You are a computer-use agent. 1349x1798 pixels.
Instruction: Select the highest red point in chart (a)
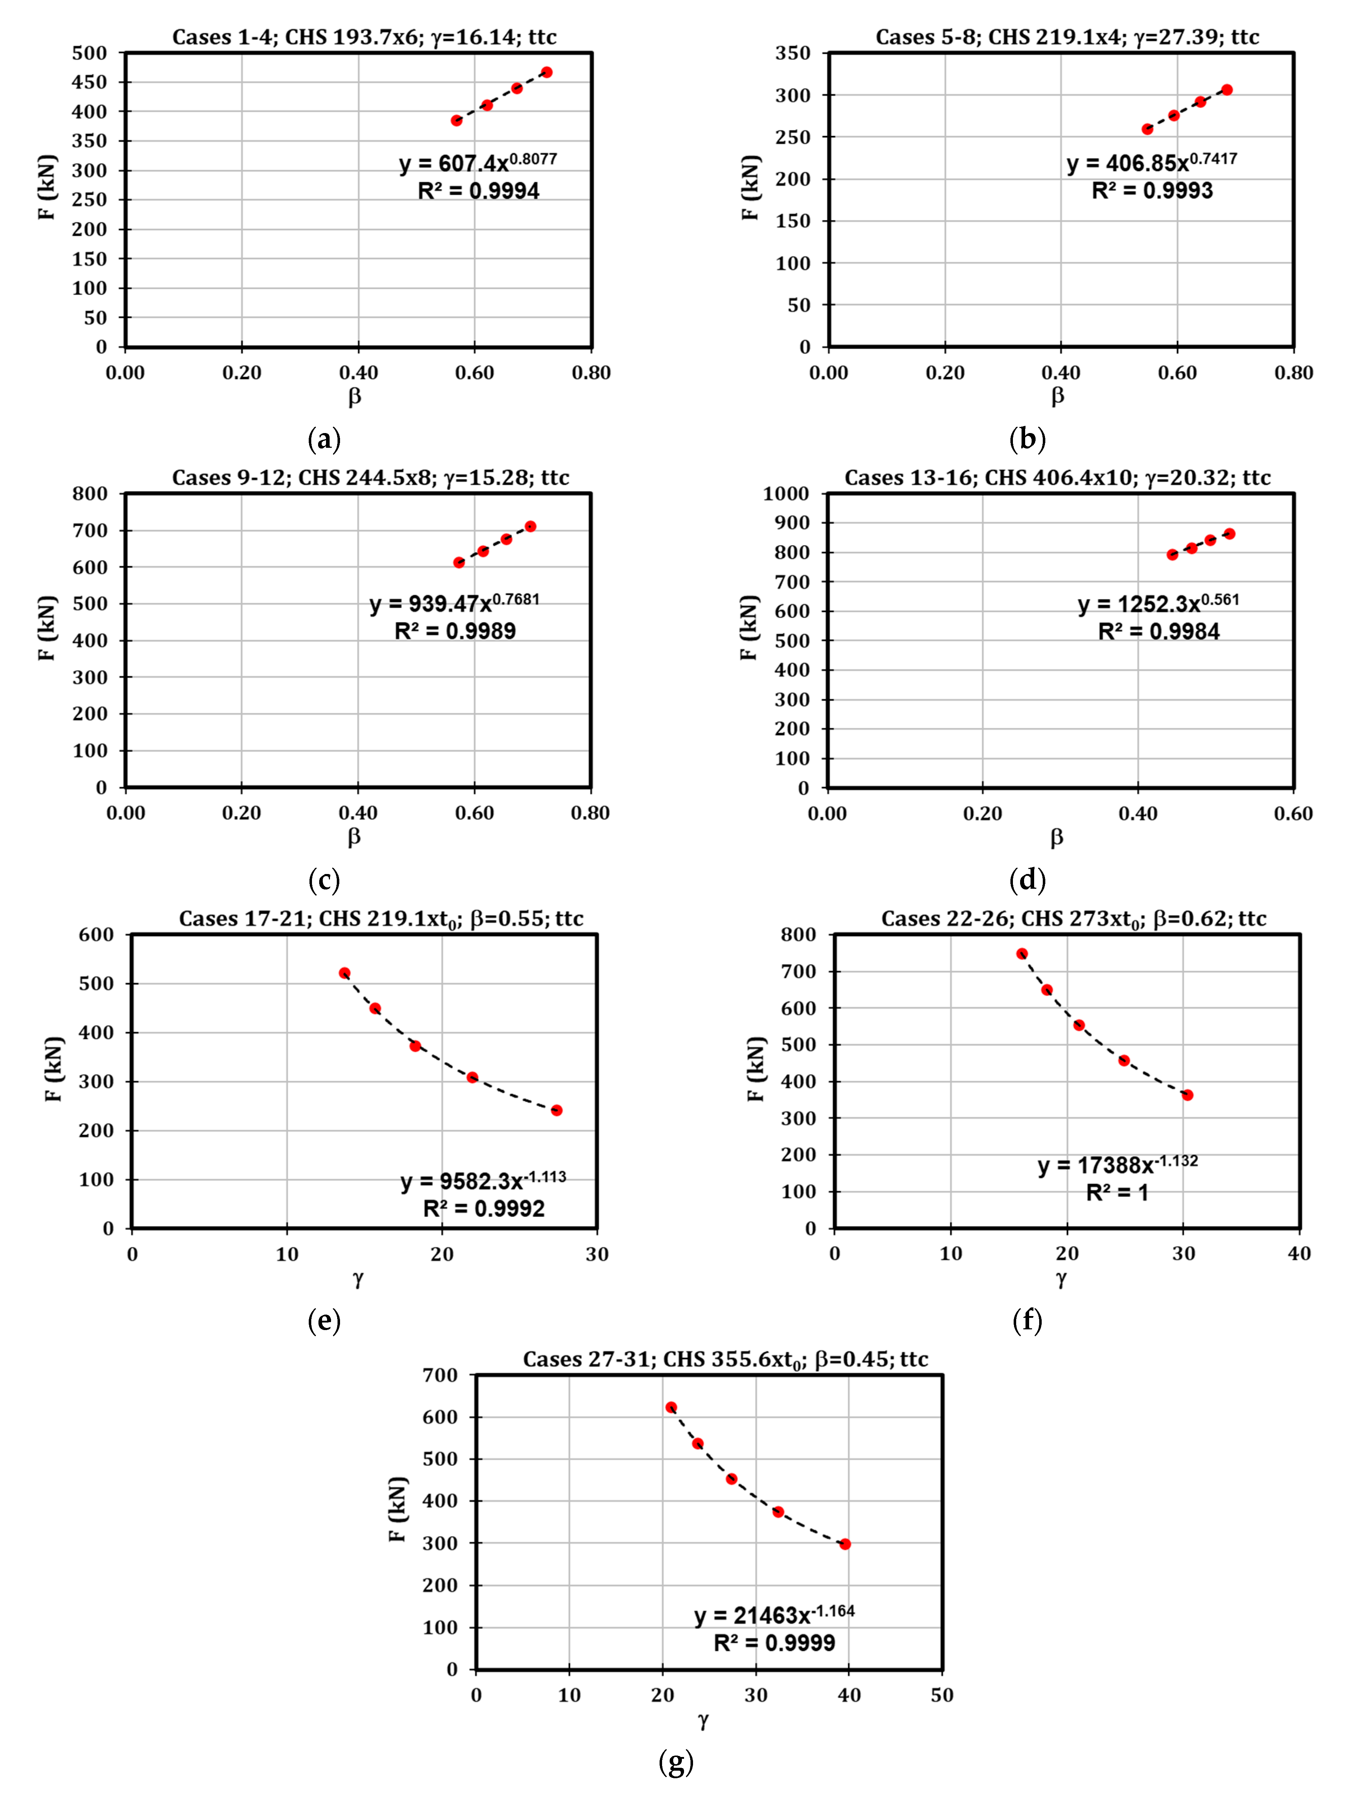point(547,72)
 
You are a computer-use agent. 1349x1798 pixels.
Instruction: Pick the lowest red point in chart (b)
point(1147,129)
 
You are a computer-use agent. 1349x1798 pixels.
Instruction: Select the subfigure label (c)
point(323,880)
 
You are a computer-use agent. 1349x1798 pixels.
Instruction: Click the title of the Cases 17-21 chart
point(381,919)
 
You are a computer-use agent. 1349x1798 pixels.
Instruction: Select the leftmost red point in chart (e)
point(345,973)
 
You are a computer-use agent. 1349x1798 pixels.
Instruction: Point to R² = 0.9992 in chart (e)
point(484,1209)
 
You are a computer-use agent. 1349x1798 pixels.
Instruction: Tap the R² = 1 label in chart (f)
point(1117,1192)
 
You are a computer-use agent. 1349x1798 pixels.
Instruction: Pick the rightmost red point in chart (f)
point(1187,1095)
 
